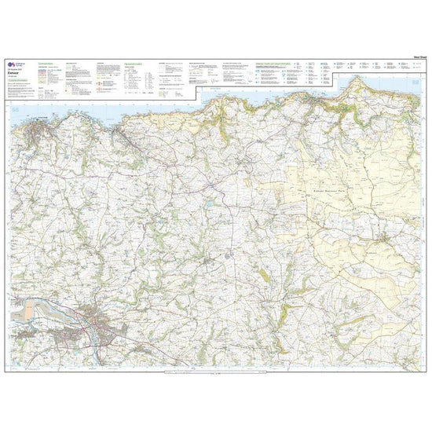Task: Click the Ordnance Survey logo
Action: [11, 66]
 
